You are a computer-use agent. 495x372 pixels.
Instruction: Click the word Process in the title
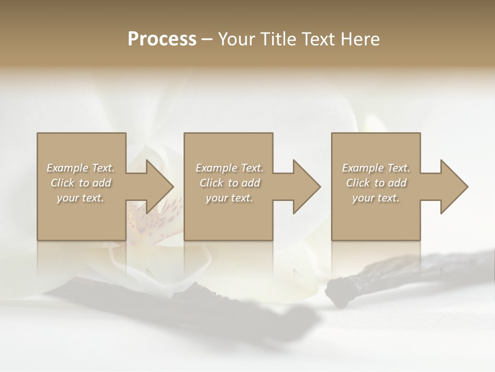click(162, 39)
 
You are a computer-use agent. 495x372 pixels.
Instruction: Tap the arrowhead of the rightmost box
click(453, 187)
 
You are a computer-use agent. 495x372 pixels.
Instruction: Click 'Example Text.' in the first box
click(80, 168)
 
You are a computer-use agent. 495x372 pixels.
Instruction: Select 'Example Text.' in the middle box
click(229, 168)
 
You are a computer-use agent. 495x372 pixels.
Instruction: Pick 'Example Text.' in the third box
click(376, 168)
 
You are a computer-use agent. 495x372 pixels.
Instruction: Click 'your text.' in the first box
click(80, 198)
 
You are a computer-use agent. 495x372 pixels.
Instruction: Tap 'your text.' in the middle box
click(229, 198)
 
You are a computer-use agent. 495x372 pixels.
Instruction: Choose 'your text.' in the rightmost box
click(376, 198)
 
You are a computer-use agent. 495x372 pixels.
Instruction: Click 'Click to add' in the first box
click(80, 183)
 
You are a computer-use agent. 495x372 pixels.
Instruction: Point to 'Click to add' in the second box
click(229, 183)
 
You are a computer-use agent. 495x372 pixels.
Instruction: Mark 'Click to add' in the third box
click(376, 183)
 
